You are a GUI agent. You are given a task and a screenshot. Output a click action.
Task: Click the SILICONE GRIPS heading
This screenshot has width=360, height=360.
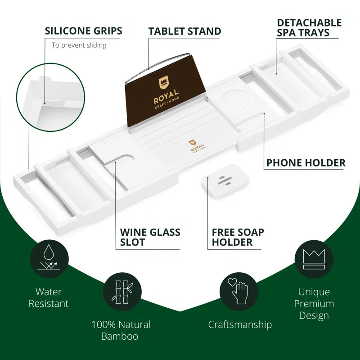pos(83,31)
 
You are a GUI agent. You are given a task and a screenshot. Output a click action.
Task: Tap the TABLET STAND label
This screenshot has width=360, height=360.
pos(184,31)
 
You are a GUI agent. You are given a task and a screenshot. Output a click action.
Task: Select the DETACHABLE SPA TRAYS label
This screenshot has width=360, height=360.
pos(309,27)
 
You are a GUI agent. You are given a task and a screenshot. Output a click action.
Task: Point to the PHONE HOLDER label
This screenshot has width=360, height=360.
pos(306,163)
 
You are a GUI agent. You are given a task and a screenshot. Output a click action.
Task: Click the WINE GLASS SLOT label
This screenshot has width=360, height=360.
pos(150,238)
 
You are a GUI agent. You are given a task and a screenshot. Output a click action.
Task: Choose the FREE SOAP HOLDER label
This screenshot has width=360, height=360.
pos(238,238)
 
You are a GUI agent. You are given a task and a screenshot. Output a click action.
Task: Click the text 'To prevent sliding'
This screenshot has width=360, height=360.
pos(79,45)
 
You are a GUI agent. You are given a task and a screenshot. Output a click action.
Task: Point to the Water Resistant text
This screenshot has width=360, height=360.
pos(49,298)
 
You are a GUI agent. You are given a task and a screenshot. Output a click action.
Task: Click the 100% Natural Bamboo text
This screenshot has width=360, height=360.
pos(121,330)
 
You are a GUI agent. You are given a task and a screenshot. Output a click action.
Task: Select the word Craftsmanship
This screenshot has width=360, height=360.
pos(240,324)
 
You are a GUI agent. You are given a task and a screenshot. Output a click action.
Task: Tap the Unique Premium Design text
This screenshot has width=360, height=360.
pos(314,304)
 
